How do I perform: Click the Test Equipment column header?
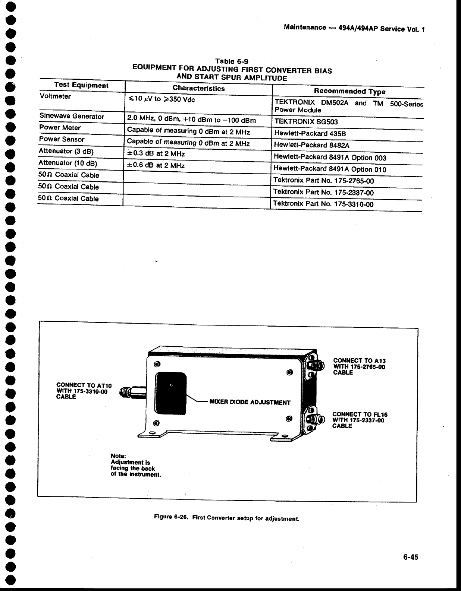point(81,85)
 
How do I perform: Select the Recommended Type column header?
point(349,91)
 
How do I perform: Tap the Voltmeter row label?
point(55,96)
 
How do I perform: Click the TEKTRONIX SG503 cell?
point(306,121)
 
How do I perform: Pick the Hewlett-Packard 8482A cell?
point(311,145)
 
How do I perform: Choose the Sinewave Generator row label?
point(72,116)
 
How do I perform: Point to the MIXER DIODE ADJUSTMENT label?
point(250,402)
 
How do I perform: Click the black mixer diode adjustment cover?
point(170,393)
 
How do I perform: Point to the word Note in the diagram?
point(118,456)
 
